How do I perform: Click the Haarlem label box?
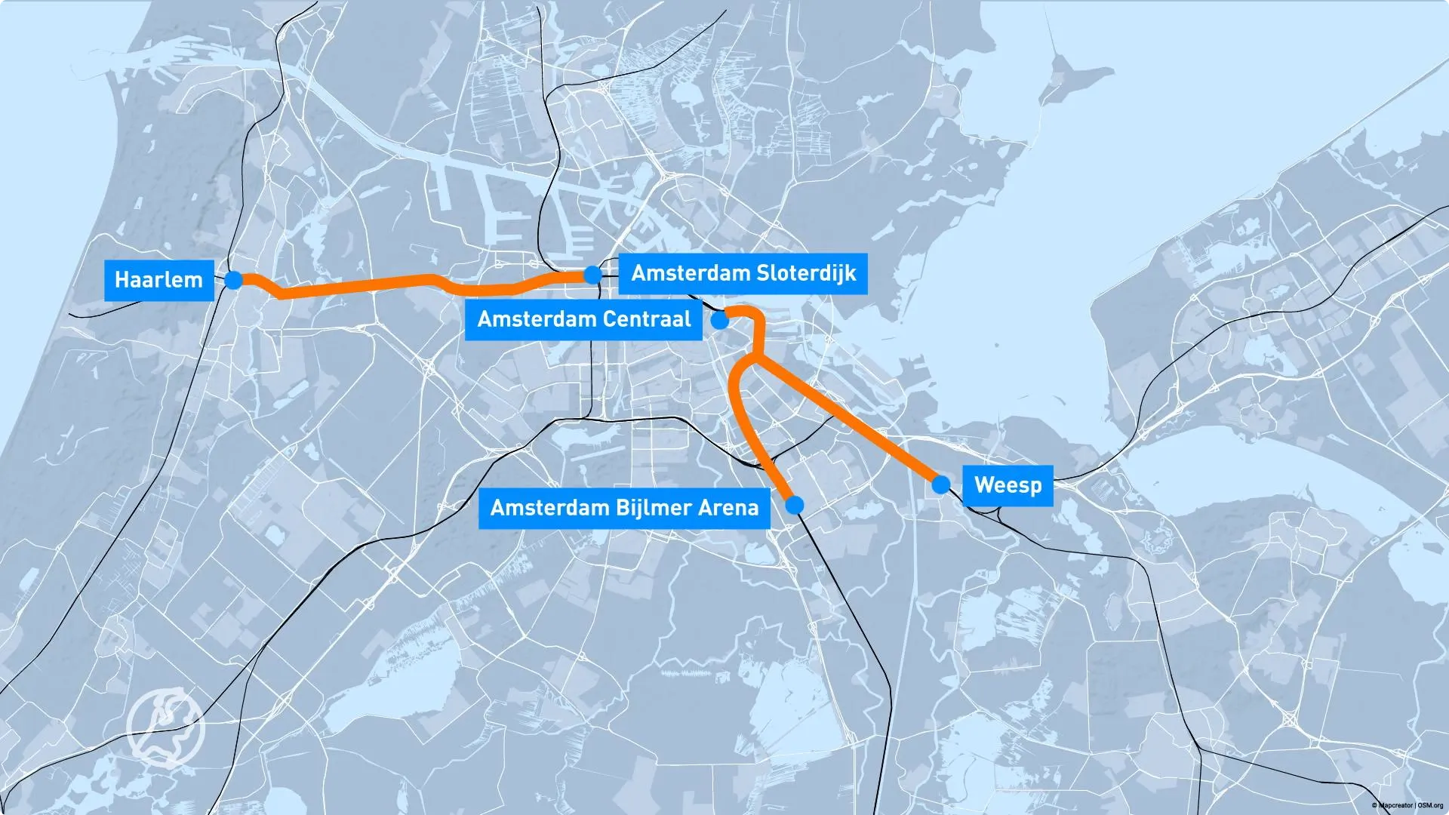coord(158,280)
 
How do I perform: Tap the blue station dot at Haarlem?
coord(234,280)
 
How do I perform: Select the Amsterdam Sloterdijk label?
coord(743,273)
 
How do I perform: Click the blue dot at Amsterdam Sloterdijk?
coord(593,275)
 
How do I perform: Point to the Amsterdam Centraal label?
coord(583,319)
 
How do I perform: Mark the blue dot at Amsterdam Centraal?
coord(721,320)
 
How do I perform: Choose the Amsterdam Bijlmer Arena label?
coord(624,507)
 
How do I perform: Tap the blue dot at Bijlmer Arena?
coord(795,505)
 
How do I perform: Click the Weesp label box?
coord(1008,484)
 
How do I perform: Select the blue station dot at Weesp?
coord(940,484)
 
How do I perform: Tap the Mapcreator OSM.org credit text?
coord(1407,806)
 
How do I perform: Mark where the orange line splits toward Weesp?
coord(755,359)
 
